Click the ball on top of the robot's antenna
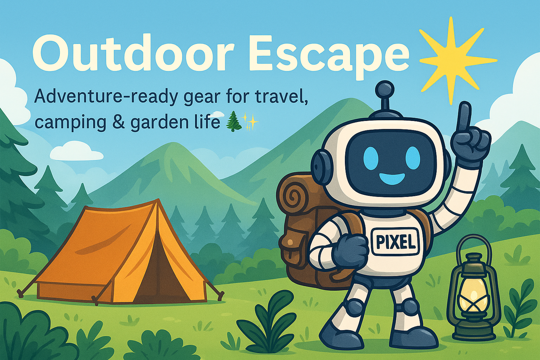[x=385, y=90]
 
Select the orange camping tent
[x=121, y=253]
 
